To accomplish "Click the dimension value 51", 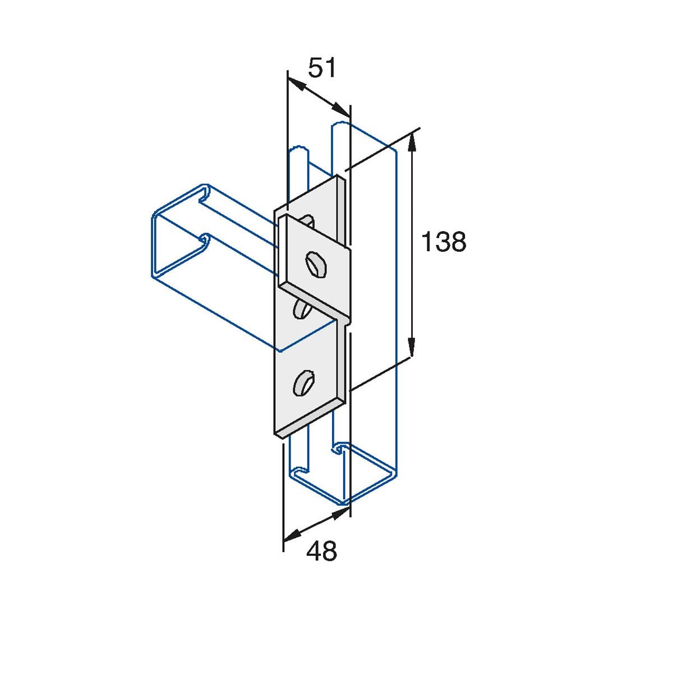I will pos(322,68).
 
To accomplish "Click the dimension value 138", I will pos(443,242).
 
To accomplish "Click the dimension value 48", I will pos(321,551).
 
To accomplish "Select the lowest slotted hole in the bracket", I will pos(302,382).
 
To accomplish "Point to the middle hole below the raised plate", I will pos(302,308).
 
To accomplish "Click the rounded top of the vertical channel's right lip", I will pos(340,125).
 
